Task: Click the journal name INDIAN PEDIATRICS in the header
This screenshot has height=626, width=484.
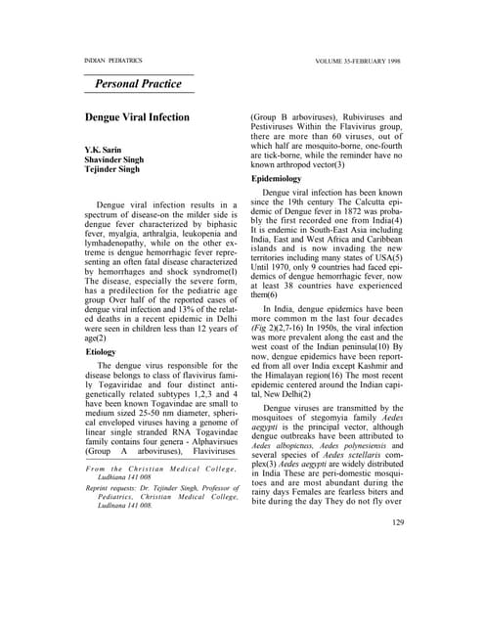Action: pos(113,61)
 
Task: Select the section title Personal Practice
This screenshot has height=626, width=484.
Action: pos(138,84)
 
